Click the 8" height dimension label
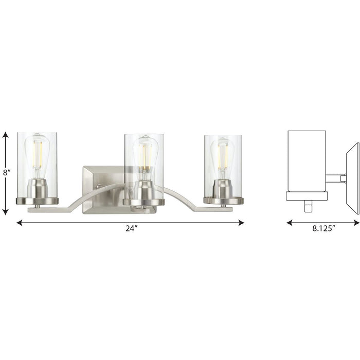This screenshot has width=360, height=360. tap(6, 173)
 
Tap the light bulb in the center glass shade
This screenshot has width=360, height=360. tap(143, 154)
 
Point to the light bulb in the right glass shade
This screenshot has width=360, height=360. tap(223, 155)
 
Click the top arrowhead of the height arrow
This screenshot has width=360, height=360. tap(6, 135)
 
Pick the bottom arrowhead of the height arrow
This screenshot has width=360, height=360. tap(6, 212)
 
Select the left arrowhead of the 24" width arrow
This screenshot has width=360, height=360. tap(20, 223)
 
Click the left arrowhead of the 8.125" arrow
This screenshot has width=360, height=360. tap(289, 223)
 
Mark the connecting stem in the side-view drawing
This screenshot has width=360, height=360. tap(335, 178)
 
